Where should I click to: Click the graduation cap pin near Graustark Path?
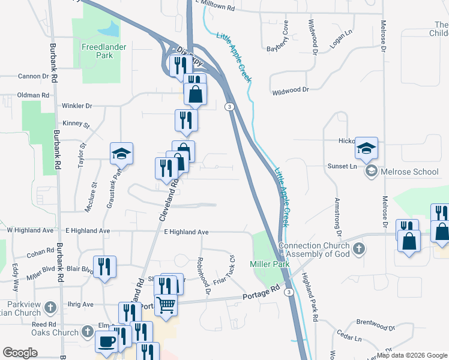pos(121,154)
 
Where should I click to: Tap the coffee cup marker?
pos(107,341)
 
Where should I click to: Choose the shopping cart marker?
pos(166,304)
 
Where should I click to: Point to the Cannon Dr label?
pos(33,76)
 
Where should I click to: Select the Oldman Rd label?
pos(33,95)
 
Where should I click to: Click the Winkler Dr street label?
pos(77,106)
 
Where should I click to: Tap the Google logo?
pos(20,353)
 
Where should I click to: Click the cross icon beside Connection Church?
pos(358,248)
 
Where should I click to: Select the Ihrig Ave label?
pos(80,304)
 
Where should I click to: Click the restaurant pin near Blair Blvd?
pos(105,268)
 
